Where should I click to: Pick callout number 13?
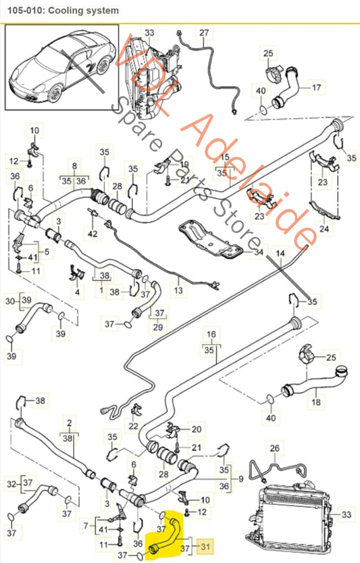tap(178, 291)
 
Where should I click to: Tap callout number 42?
tap(93, 234)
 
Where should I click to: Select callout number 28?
tap(117, 187)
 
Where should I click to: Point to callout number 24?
tap(324, 229)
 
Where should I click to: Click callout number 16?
tap(211, 335)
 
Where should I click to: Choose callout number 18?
tap(315, 403)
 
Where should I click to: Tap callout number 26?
tap(274, 447)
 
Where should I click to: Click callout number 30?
tap(9, 300)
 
